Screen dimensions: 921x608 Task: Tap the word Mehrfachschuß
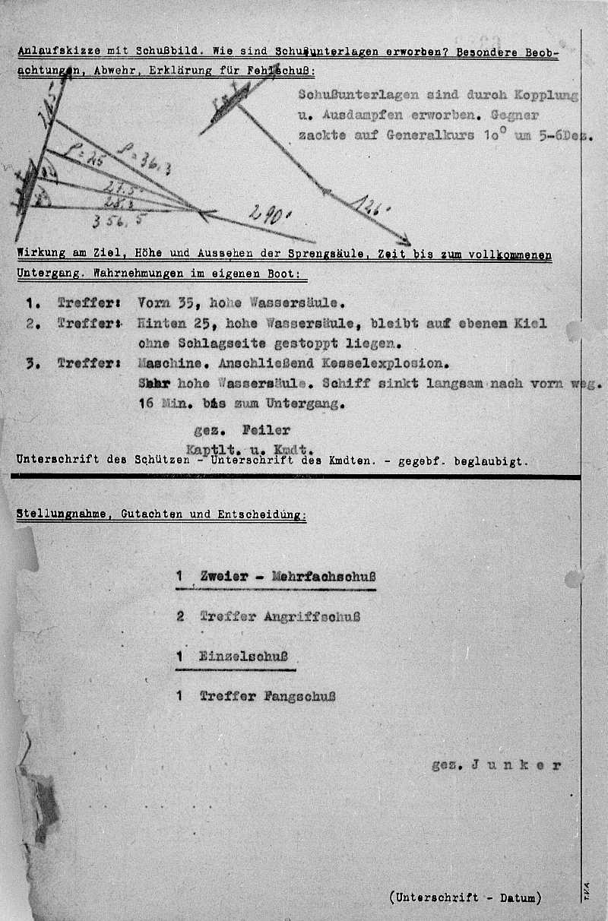tap(319, 576)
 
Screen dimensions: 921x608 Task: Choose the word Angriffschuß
tap(312, 616)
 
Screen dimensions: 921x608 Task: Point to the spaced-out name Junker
tap(516, 765)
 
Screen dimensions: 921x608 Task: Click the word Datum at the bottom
tap(516, 897)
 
